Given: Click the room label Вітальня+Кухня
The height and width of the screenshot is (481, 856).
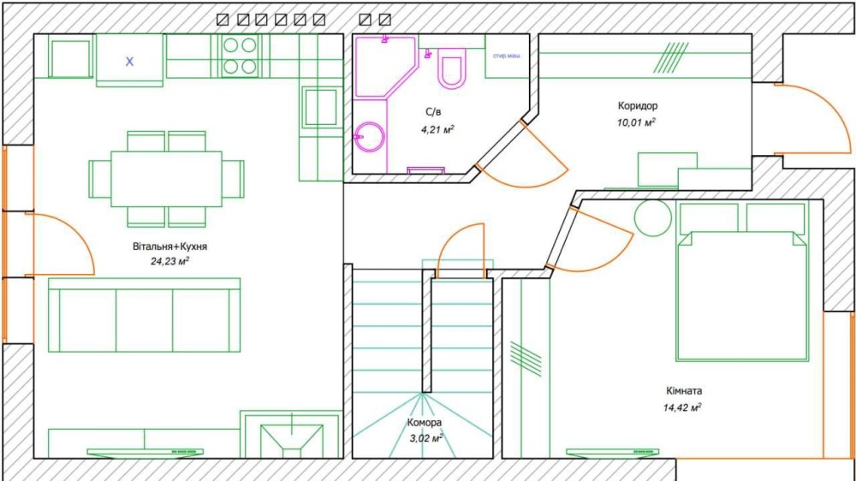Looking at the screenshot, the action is (169, 246).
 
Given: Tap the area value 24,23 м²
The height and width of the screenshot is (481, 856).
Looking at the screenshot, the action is (169, 261).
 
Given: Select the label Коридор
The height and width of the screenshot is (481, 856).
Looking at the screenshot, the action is (638, 106).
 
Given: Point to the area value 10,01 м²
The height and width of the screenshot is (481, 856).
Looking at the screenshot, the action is (636, 122).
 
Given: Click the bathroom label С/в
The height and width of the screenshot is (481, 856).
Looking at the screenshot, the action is (433, 112).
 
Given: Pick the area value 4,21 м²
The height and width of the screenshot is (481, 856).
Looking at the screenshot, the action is (437, 129).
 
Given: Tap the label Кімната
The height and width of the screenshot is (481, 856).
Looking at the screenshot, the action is (684, 391).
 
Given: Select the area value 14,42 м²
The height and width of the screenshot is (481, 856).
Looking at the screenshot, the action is (682, 407).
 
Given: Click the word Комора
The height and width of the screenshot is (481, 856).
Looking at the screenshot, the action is (425, 423).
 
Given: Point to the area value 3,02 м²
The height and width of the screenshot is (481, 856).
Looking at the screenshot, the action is (425, 438).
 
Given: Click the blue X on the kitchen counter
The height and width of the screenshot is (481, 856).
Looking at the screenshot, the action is (129, 62).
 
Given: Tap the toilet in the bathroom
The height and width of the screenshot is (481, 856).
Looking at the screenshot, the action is (452, 67).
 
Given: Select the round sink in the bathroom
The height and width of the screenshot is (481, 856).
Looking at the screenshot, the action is (370, 137).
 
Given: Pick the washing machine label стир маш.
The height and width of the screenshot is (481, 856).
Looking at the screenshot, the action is (507, 56).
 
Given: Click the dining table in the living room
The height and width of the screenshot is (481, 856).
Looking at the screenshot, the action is (167, 179).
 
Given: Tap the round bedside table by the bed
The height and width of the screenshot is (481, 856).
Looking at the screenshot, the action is (653, 218).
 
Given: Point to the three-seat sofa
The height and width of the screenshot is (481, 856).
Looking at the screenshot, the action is (144, 315).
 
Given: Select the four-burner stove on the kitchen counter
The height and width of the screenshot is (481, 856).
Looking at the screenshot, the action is (241, 56).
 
